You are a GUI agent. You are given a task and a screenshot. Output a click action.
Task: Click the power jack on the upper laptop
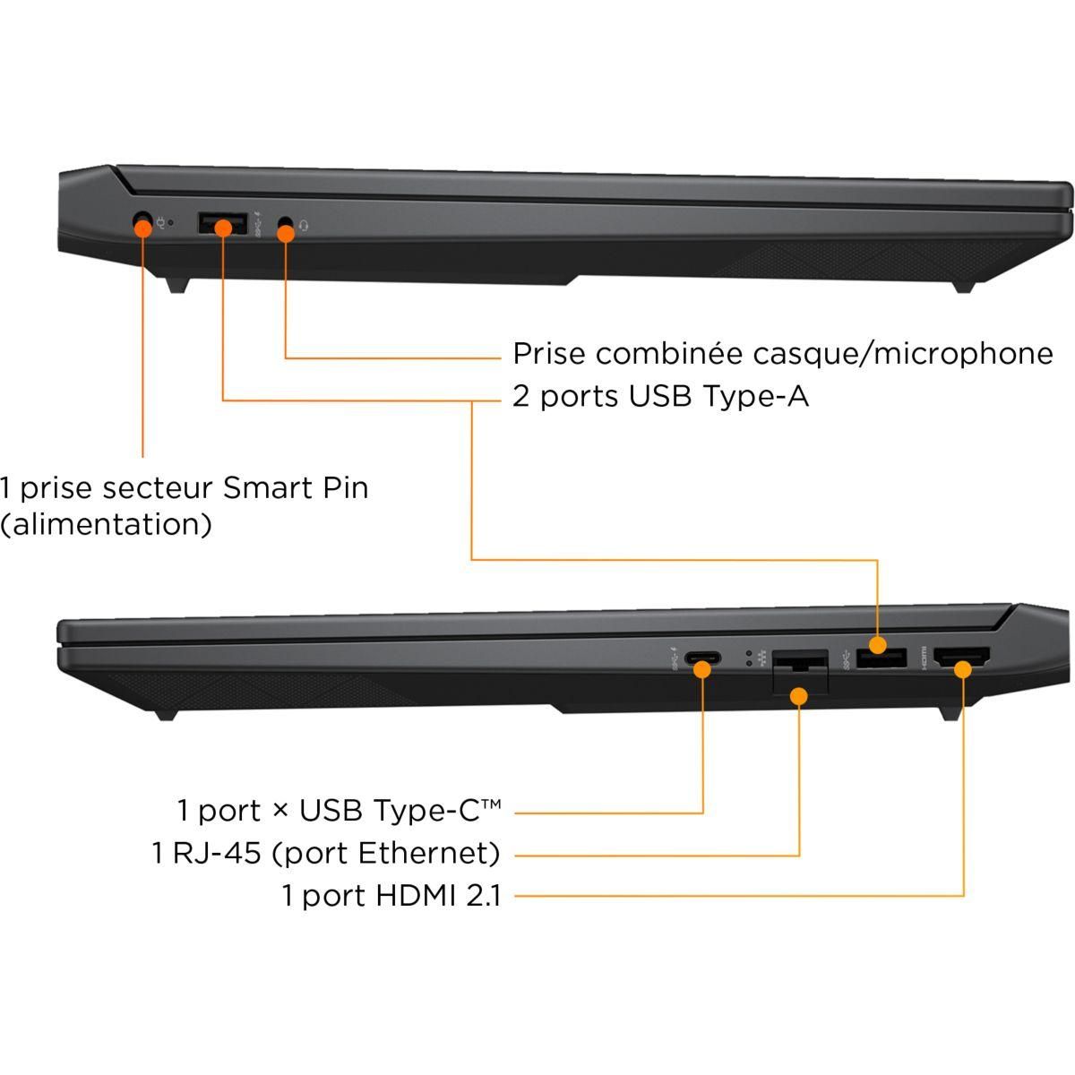(142, 220)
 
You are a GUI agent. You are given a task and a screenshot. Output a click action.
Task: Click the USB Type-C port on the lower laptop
(701, 662)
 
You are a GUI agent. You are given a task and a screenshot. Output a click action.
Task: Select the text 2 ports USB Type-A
(660, 396)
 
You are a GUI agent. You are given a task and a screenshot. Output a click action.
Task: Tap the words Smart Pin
(296, 488)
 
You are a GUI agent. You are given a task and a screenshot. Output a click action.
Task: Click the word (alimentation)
(107, 524)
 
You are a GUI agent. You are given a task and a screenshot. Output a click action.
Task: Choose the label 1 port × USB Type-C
(339, 811)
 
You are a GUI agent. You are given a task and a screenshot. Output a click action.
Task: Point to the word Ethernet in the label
(428, 853)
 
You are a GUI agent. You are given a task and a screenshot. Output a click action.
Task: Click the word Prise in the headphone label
(549, 354)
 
